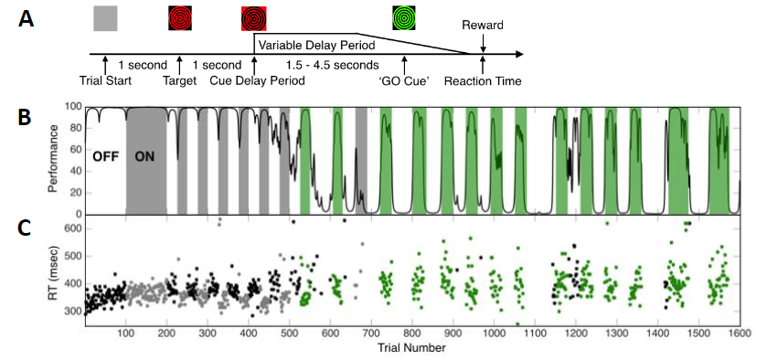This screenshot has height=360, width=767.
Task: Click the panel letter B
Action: click(28, 118)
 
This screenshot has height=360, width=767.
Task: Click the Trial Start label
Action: click(106, 81)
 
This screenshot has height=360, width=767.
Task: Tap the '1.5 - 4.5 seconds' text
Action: click(321, 65)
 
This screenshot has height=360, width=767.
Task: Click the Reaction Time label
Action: click(483, 81)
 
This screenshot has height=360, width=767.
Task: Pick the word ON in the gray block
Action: click(144, 155)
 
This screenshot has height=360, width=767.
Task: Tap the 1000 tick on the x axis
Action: click(494, 334)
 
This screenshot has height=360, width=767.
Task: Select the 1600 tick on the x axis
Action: click(740, 334)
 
